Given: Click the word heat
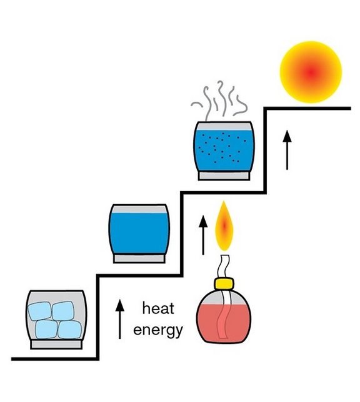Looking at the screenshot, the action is (x=158, y=308).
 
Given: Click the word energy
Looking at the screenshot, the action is (x=158, y=330).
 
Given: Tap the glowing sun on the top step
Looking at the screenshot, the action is (x=311, y=72).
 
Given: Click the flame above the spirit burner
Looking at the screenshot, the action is (x=224, y=226).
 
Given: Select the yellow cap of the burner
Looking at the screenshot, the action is (x=224, y=283).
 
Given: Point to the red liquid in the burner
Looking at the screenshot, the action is (x=224, y=323).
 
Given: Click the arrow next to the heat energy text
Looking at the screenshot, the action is (x=119, y=319).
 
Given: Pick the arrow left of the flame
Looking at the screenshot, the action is (x=203, y=235).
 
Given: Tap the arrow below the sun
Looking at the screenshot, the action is (x=287, y=150).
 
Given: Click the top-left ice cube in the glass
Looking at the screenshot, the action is (x=39, y=311).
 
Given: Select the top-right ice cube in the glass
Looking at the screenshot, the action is (x=63, y=311).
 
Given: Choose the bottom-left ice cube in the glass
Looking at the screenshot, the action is (x=46, y=329).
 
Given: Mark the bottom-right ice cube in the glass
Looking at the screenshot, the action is (x=69, y=330).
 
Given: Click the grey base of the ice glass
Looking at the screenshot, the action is (x=56, y=345).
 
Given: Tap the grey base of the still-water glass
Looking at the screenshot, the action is (x=139, y=258).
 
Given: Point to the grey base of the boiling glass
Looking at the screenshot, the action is (x=224, y=176).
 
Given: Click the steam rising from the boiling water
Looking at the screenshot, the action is (x=219, y=100).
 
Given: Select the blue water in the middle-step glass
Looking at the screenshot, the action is (x=139, y=233).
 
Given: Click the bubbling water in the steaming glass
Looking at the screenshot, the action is (x=224, y=150).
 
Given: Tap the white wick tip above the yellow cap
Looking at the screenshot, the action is (x=222, y=266).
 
